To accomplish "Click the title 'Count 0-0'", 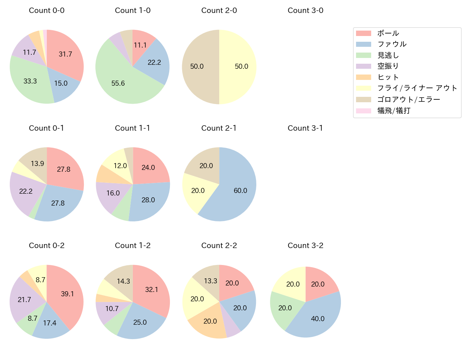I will pos(47,10).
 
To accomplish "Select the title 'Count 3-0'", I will pos(305,10).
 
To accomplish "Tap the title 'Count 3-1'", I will pos(305,128).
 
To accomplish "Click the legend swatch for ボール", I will pos(363,33).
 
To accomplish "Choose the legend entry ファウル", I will pos(392,44).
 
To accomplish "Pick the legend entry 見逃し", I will pos(388,55).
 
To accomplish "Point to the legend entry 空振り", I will pos(388,66).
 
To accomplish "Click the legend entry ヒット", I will pos(388,77).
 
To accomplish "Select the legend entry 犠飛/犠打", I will pos(394,111).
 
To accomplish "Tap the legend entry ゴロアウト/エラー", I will pos(409,100).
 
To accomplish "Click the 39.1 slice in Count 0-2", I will pos(67,293).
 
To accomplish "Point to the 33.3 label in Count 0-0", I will pos(30,81).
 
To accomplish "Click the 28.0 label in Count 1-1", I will pos(148,200).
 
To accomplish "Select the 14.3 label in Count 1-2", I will pos(123,282).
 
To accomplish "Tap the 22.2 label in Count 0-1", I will pos(26,192).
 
